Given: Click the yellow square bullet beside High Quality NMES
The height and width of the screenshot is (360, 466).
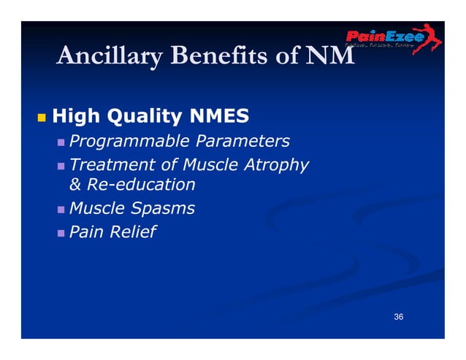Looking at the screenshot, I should [40, 117].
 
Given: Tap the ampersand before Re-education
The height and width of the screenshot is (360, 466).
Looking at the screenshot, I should [75, 185].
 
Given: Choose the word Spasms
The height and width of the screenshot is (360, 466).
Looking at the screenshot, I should [164, 208].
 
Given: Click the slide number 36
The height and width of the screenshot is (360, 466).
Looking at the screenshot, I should [398, 316].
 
